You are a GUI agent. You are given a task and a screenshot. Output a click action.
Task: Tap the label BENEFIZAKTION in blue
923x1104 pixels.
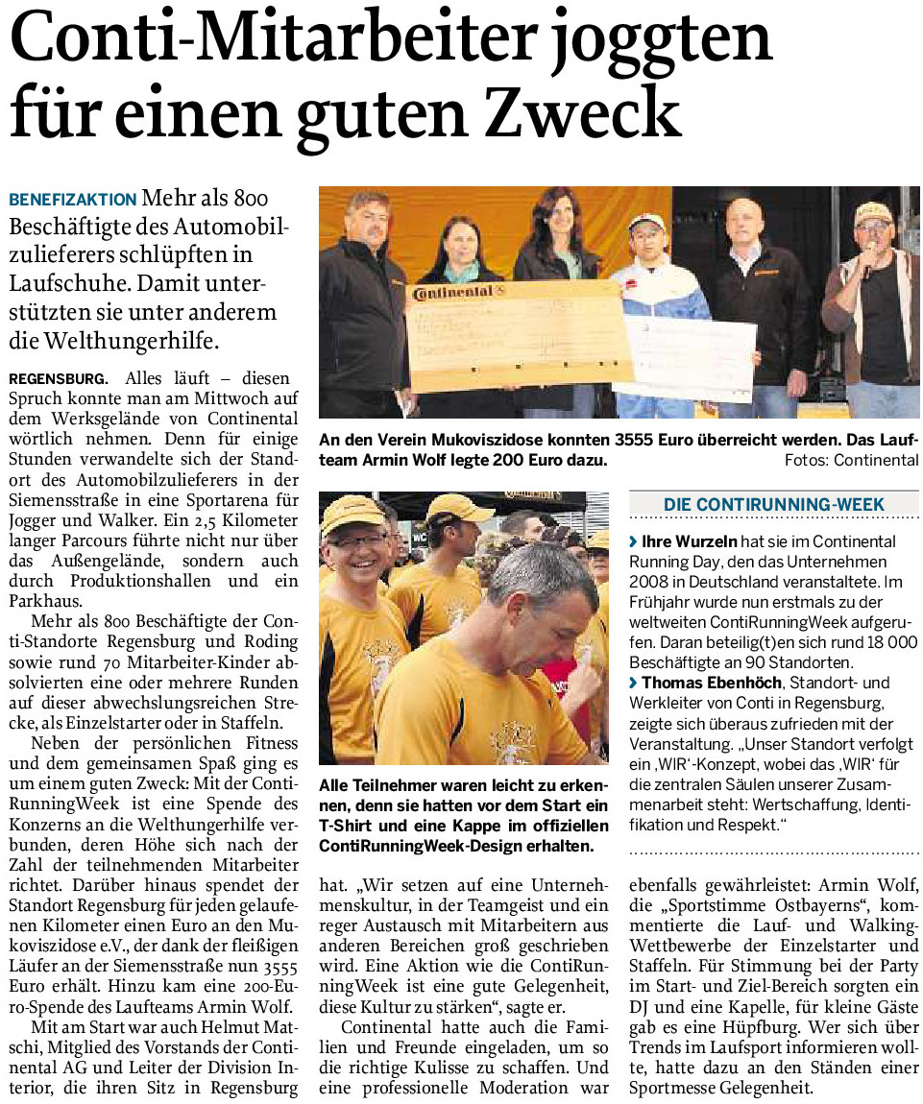point(73,201)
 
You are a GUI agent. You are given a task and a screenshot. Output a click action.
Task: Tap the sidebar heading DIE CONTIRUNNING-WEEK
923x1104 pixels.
point(774,504)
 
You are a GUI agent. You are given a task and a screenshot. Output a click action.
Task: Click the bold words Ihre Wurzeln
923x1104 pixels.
point(683,542)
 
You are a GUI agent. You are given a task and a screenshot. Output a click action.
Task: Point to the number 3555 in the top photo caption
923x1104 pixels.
point(633,441)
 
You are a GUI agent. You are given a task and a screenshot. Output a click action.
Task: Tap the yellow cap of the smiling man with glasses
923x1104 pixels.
point(352,514)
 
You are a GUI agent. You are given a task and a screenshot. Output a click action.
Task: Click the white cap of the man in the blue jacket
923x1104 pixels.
point(647,222)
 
